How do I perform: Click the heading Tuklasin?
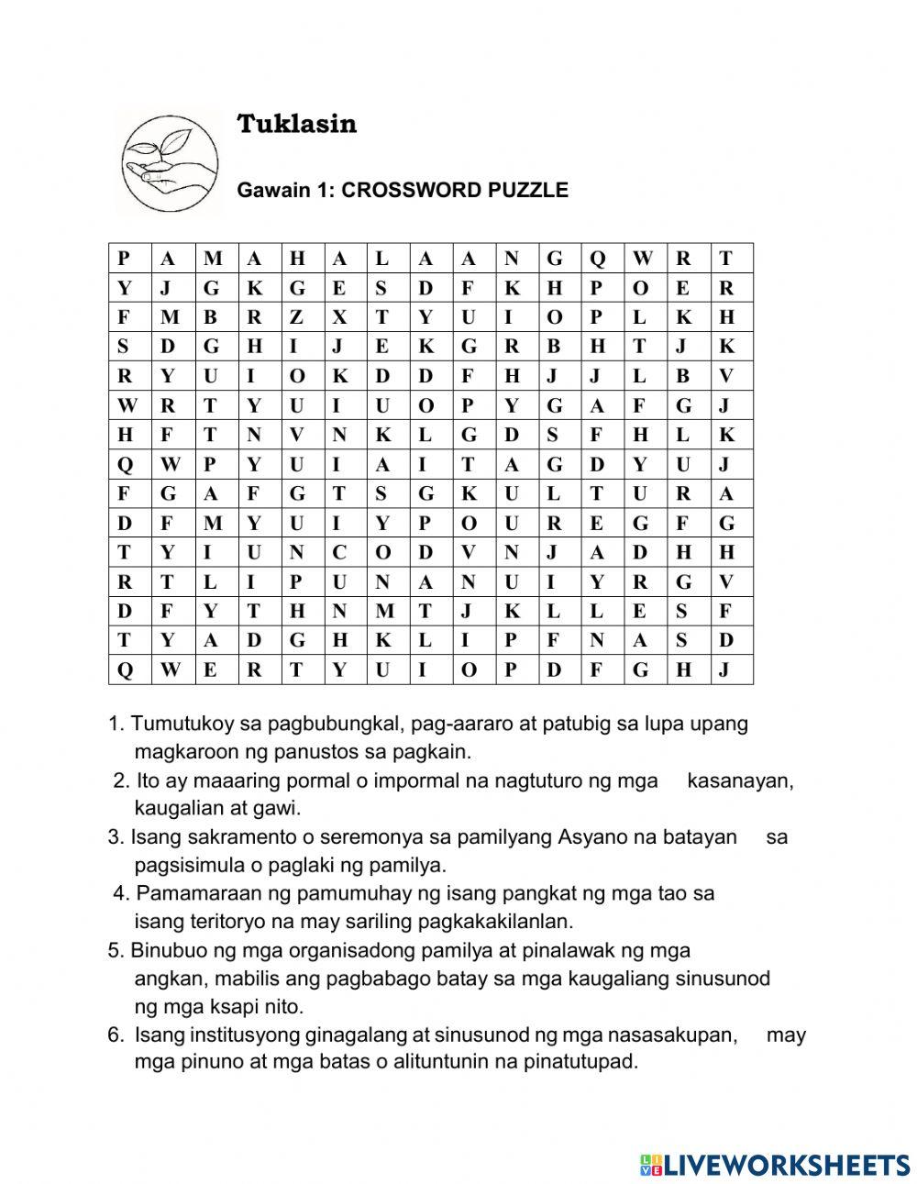coord(296,124)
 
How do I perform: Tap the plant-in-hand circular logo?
coord(171,163)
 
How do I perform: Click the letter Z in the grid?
coord(295,317)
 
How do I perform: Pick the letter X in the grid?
coord(338,317)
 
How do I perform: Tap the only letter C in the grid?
coord(338,552)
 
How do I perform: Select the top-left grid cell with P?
coord(124,259)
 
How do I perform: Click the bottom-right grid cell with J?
coord(725,669)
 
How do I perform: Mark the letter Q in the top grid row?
coord(597,259)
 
